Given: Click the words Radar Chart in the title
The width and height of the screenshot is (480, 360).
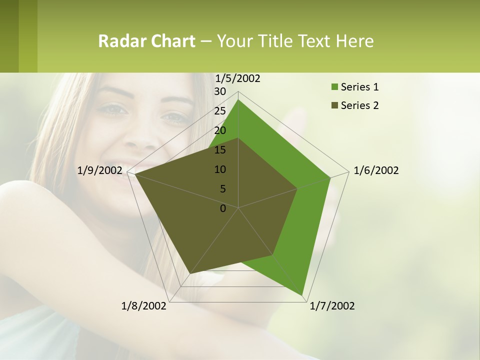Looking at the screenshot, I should click(146, 41).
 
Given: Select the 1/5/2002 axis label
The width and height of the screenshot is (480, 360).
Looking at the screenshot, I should click(238, 78).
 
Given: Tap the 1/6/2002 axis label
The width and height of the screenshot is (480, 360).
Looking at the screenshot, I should click(376, 170).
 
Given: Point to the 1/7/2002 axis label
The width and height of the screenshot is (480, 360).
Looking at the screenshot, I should click(332, 306).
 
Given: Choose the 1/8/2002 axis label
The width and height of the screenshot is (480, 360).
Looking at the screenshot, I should click(144, 306).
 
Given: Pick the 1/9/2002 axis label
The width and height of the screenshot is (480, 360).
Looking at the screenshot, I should click(100, 170).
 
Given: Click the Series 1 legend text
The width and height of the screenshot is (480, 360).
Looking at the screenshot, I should click(359, 87).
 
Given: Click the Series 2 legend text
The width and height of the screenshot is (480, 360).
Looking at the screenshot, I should click(359, 105).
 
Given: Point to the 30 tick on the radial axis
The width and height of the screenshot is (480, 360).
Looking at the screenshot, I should click(220, 91).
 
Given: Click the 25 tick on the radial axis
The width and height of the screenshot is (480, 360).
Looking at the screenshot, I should click(220, 111).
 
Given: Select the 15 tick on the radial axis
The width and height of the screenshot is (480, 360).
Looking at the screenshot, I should click(220, 150).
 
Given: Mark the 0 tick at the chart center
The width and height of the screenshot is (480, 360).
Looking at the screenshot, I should click(223, 208).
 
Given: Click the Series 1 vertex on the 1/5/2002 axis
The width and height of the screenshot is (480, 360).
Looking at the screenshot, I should click(238, 99).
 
